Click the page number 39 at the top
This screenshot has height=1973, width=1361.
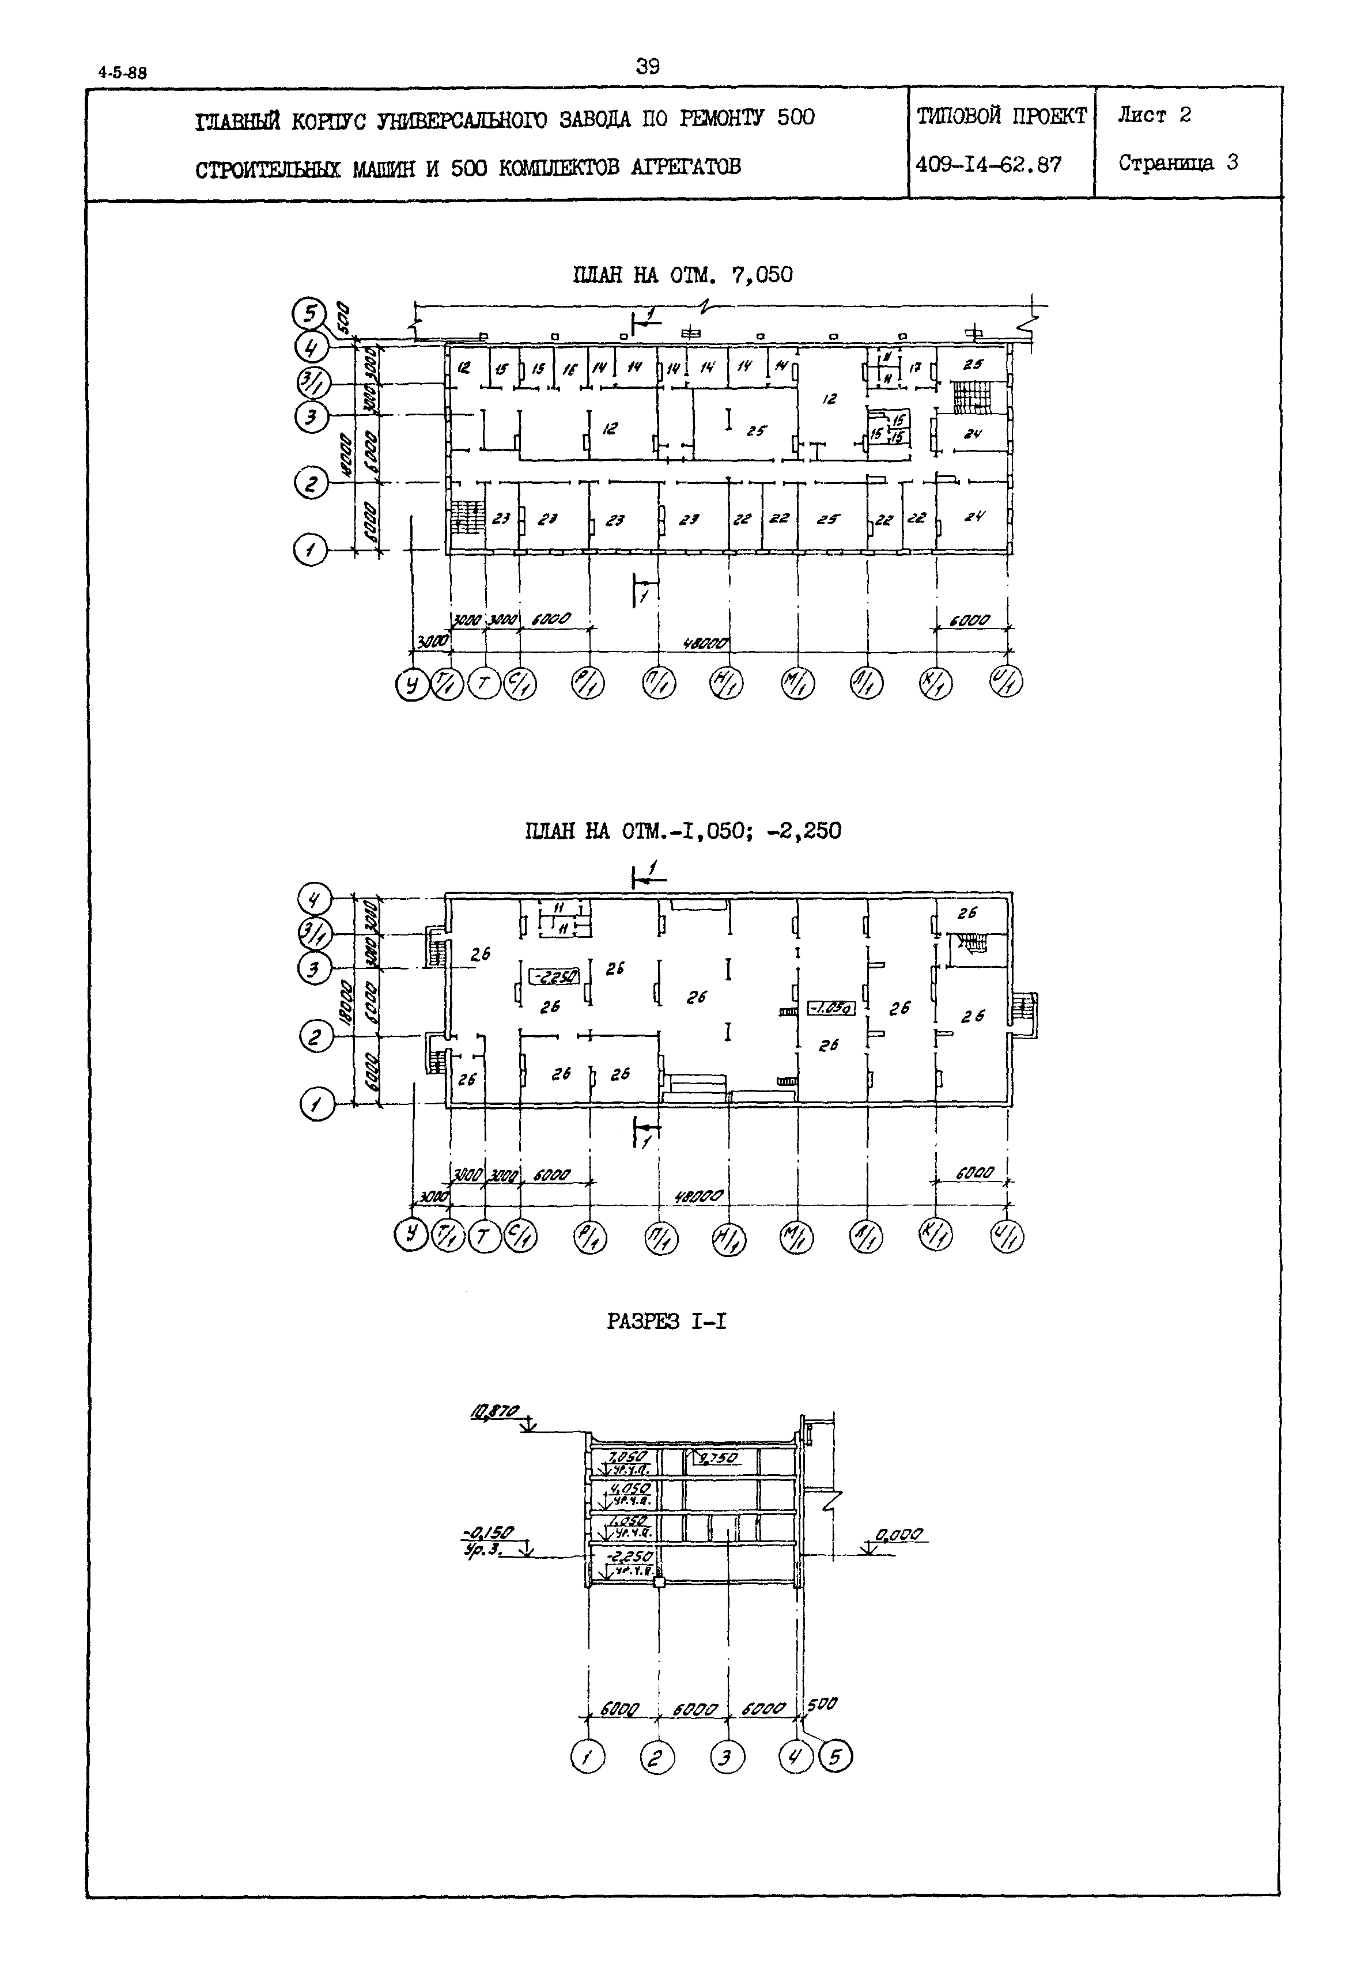pos(647,66)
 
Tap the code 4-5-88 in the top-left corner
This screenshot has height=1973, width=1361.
pos(123,73)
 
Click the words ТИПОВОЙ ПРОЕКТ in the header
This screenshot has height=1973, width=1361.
pos(1001,116)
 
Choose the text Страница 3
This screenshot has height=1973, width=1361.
pos(1178,163)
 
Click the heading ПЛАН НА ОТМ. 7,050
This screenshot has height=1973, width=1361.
pos(682,275)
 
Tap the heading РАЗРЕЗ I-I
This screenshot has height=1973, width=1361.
pos(666,1321)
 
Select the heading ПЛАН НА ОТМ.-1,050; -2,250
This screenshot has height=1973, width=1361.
pos(682,831)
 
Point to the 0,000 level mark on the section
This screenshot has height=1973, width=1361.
pos(899,1535)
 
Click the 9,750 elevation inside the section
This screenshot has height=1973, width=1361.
pos(717,1458)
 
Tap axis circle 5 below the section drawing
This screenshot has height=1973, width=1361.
pos(835,1756)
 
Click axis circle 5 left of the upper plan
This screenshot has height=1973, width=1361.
pos(309,314)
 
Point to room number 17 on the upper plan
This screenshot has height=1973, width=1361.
pos(915,368)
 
